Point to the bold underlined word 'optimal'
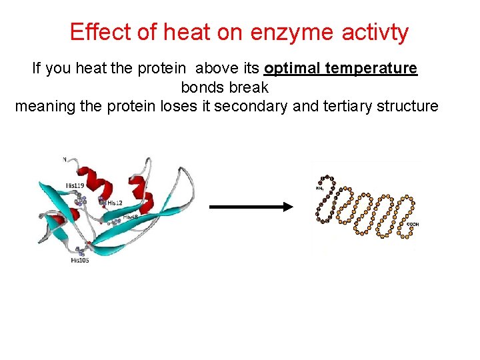coord(293,69)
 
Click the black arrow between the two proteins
coord(251,207)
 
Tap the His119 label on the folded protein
coord(75,185)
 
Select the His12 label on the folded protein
coord(115,203)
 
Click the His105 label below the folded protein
coord(79,261)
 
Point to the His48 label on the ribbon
coord(130,217)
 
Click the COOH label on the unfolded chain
coord(411,225)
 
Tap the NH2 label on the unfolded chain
coord(320,189)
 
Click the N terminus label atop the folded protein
coord(64,159)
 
